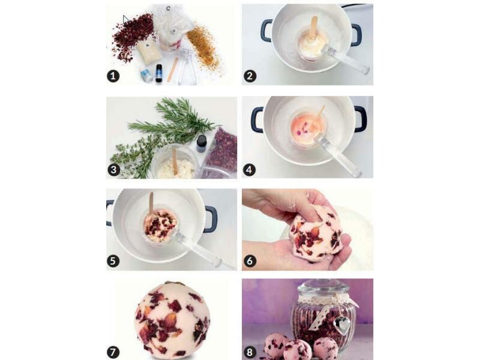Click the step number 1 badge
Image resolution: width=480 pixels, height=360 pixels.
coord(113,76)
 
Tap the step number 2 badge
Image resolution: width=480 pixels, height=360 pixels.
coord(250,76)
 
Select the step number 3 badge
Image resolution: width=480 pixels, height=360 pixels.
coord(113,169)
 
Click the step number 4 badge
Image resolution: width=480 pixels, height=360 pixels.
coord(249,170)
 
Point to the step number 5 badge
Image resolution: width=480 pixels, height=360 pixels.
coord(113,261)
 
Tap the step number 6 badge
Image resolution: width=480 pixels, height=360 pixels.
coord(250,261)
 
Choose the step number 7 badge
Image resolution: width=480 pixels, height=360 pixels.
coord(113,352)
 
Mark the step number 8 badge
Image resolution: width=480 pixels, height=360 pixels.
coord(250,352)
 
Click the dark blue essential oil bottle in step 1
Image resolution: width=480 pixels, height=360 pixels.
coord(158,73)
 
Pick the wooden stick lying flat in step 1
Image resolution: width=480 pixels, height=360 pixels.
coord(173,70)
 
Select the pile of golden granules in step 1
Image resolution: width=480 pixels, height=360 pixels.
coord(202,46)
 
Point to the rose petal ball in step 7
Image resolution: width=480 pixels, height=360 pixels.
coord(172,319)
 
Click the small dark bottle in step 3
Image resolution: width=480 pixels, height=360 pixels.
coord(202,143)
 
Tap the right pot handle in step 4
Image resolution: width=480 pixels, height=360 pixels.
coord(361,119)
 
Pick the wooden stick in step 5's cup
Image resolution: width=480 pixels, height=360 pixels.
coord(151,203)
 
